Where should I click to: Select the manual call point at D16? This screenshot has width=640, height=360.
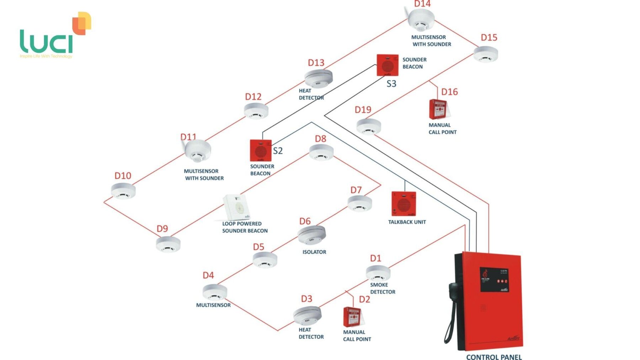(x=438, y=109)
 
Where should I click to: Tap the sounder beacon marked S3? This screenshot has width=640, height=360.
(x=387, y=65)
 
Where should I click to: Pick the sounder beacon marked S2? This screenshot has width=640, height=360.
(x=261, y=150)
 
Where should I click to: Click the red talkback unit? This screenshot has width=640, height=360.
(x=404, y=204)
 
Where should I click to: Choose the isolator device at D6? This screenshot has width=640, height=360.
(x=311, y=235)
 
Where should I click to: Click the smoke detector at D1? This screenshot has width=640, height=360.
(x=378, y=273)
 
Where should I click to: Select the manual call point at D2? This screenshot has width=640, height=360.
(x=353, y=317)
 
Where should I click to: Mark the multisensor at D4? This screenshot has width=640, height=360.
(x=215, y=292)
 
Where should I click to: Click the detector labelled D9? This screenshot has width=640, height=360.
(x=168, y=244)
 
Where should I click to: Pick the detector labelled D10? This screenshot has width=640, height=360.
(x=123, y=191)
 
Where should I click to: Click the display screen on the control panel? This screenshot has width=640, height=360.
(x=495, y=280)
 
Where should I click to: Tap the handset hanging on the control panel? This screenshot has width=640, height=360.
(x=452, y=309)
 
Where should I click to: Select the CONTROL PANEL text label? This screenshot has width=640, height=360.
(x=494, y=357)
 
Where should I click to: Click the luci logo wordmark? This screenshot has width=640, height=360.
(x=47, y=42)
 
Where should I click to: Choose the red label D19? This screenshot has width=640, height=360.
(x=363, y=109)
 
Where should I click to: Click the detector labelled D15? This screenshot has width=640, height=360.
(x=486, y=54)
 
